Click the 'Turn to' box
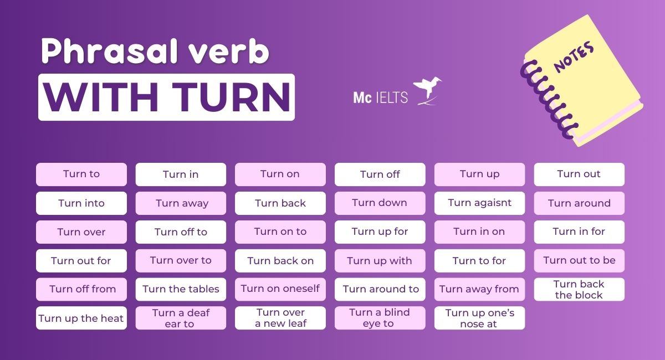pyautogui.click(x=81, y=174)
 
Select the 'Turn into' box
pyautogui.click(x=81, y=203)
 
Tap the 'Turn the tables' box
pyautogui.click(x=181, y=289)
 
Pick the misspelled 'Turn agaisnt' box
pyautogui.click(x=479, y=203)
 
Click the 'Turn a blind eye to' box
pyautogui.click(x=380, y=318)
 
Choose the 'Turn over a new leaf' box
pyautogui.click(x=280, y=318)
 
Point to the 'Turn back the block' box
pyautogui.click(x=579, y=289)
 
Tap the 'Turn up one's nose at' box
pyautogui.click(x=479, y=318)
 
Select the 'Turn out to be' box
pyautogui.click(x=579, y=260)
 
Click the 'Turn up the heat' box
pyautogui.click(x=81, y=318)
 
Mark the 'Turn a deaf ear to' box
pyautogui.click(x=181, y=318)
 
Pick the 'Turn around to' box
pyautogui.click(x=380, y=289)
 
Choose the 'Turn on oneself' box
pyautogui.click(x=280, y=289)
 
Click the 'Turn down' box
pyautogui.click(x=380, y=203)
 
